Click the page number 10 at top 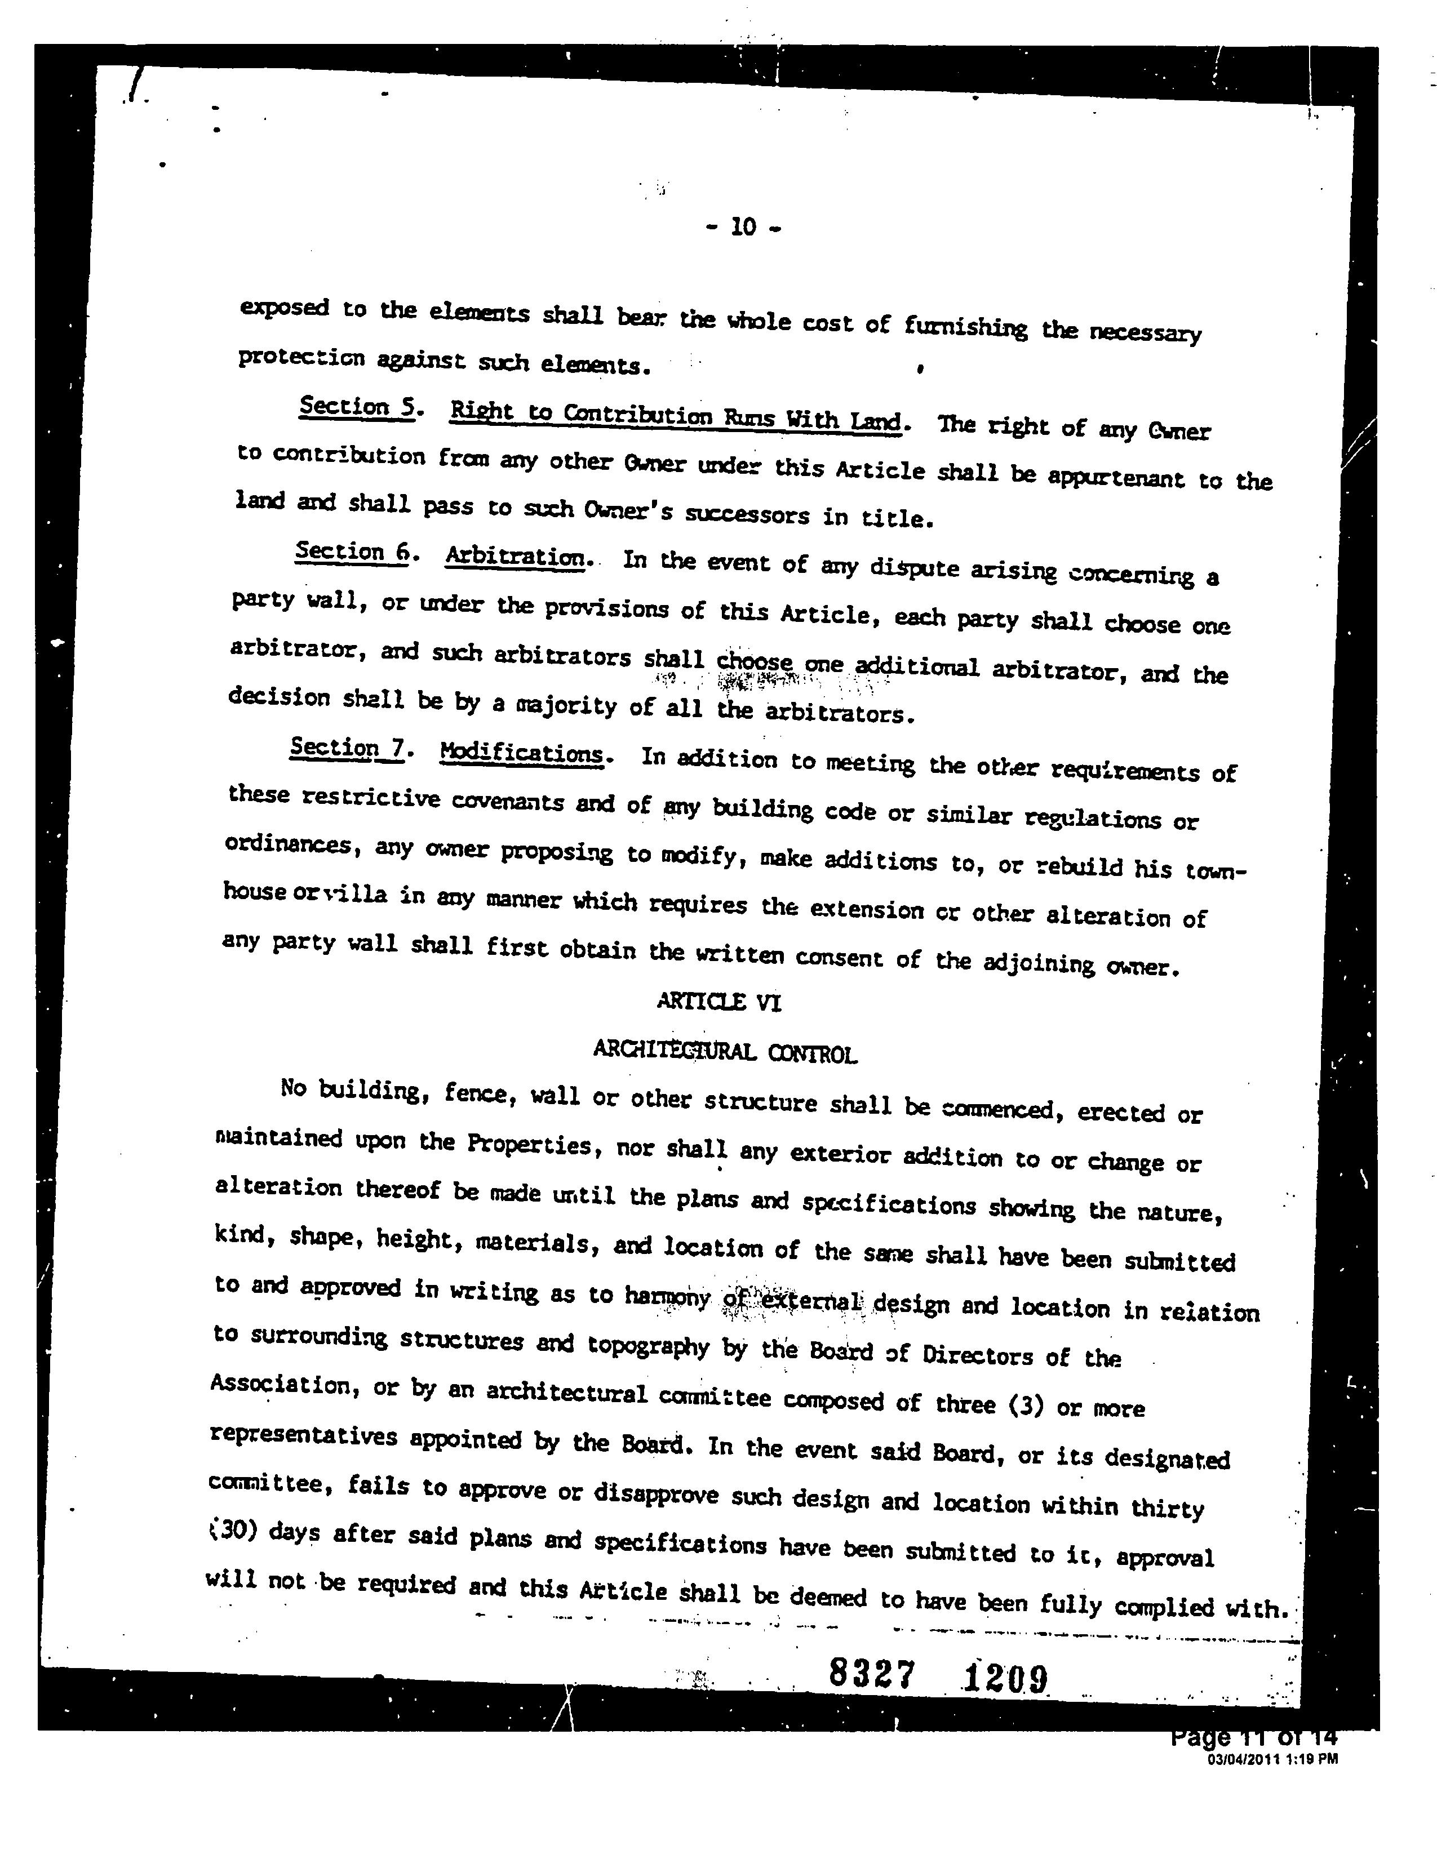point(743,227)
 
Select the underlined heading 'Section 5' point(356,408)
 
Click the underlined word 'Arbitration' point(516,558)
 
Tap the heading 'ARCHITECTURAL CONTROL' point(725,1053)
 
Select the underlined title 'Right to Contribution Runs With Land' point(675,417)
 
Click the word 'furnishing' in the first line point(965,326)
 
